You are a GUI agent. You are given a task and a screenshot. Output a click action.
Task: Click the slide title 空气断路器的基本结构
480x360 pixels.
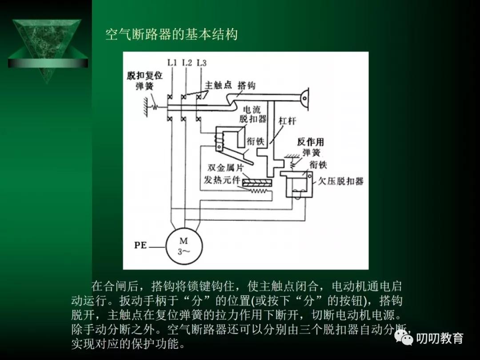point(172,35)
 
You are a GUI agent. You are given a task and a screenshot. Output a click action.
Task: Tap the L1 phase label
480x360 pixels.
point(172,63)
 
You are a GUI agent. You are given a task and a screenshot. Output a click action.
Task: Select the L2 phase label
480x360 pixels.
point(187,63)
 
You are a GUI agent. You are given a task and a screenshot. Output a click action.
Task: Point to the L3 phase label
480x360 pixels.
point(201,63)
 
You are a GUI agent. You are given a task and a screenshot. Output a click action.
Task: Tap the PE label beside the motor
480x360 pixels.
point(140,245)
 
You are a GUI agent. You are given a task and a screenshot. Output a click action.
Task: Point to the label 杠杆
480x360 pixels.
point(287,121)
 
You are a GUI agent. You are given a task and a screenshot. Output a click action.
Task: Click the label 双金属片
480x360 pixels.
point(226,168)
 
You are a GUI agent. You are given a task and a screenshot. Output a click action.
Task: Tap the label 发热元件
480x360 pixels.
point(222,180)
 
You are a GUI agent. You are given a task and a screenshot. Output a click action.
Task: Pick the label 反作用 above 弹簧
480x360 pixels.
point(311,142)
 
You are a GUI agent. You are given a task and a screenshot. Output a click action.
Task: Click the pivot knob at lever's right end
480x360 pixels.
point(305,96)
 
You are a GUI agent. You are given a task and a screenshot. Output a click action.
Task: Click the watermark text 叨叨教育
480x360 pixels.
point(440,339)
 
